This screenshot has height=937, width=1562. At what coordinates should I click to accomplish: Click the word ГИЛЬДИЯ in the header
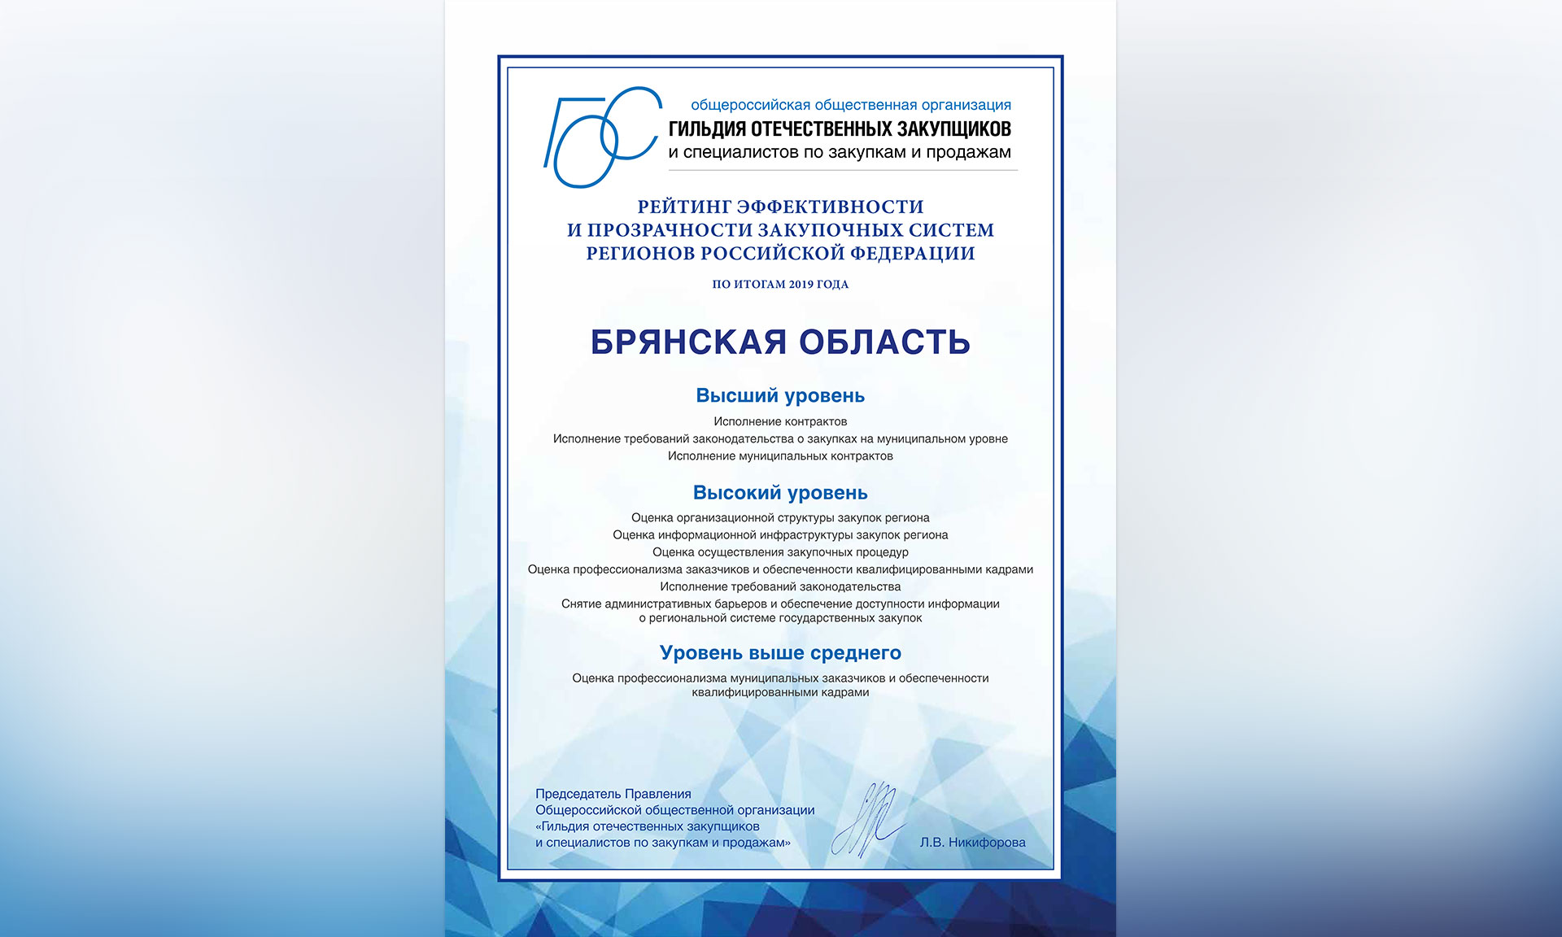[x=707, y=129]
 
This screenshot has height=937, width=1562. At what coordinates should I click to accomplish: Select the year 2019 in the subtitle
[x=802, y=284]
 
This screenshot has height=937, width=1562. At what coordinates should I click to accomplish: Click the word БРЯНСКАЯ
[x=688, y=342]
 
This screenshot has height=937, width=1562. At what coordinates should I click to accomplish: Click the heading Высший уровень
[x=780, y=396]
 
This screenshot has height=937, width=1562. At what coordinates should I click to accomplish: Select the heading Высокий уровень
[x=780, y=493]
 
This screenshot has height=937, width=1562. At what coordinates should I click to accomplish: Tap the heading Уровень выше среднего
[x=780, y=653]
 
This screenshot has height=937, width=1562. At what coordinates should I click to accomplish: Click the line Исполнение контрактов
[x=780, y=421]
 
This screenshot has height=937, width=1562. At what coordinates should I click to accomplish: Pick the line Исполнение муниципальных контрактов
[x=780, y=456]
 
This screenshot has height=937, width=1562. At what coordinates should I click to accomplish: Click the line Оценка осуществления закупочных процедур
[x=780, y=552]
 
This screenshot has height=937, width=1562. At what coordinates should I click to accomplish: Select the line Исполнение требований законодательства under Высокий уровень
[x=780, y=586]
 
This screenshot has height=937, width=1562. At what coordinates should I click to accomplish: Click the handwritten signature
[x=868, y=820]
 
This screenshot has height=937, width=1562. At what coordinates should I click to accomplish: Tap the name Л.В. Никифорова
[x=972, y=843]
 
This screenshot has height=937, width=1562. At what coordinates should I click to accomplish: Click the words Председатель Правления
[x=613, y=794]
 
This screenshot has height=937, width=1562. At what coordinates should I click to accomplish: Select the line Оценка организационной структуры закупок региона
[x=780, y=518]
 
